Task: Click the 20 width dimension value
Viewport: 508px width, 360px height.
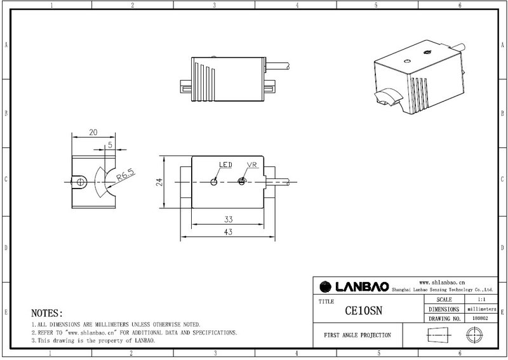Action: click(93, 132)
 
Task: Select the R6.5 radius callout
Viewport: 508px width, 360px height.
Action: click(126, 175)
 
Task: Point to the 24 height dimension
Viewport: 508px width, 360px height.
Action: click(159, 182)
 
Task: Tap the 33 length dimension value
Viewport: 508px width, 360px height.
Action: click(229, 220)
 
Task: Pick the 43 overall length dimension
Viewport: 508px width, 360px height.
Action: click(228, 232)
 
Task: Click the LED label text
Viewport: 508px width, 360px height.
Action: click(225, 164)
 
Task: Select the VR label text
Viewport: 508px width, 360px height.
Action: click(251, 164)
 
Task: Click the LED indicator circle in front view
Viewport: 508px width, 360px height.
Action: click(214, 182)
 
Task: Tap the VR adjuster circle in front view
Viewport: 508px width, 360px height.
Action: click(241, 182)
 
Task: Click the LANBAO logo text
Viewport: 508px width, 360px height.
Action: click(362, 287)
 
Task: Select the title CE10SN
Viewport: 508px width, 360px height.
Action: click(363, 310)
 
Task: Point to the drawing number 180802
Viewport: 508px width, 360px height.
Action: click(480, 318)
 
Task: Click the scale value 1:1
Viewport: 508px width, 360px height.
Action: click(481, 300)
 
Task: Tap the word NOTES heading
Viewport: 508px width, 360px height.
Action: click(46, 314)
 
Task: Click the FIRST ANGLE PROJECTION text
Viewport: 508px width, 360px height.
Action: click(358, 335)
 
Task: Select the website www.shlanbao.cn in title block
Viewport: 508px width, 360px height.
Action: click(442, 283)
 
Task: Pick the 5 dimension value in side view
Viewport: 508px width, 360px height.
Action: click(110, 145)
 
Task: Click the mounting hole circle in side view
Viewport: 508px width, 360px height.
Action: click(81, 182)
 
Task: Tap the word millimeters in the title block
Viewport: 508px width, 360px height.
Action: click(482, 309)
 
